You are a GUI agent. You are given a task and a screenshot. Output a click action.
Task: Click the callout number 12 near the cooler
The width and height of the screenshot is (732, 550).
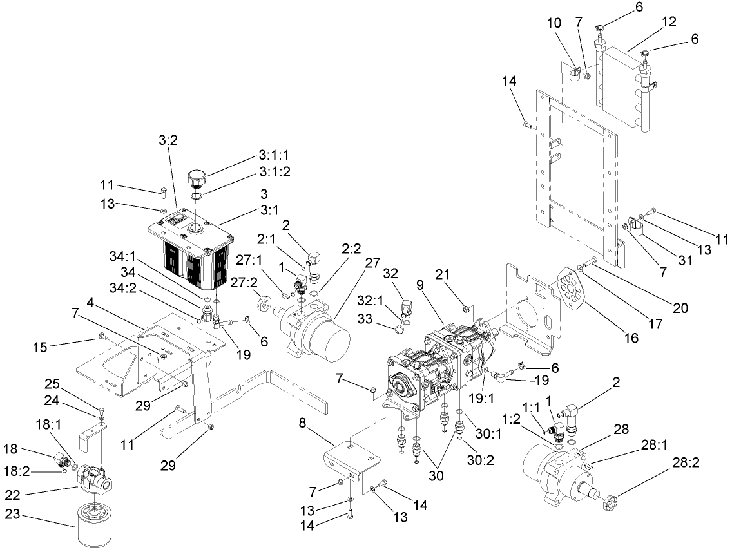pyautogui.click(x=669, y=22)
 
